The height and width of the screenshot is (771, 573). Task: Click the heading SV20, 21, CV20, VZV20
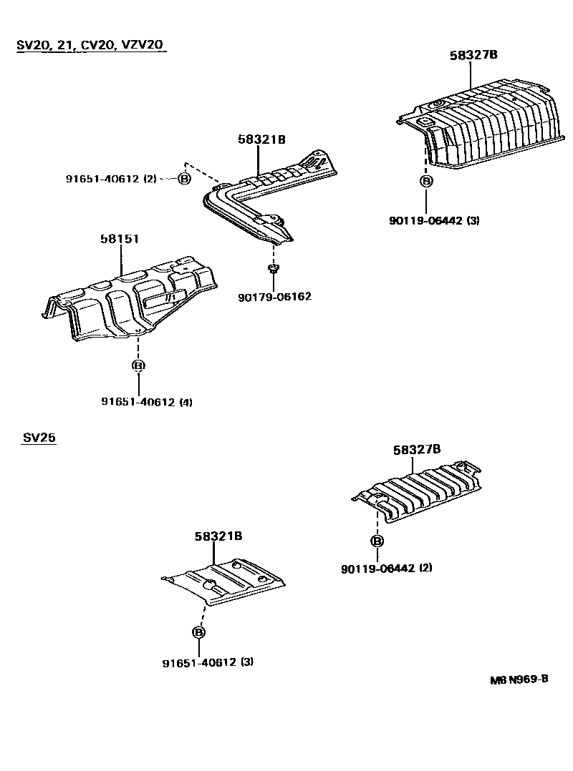pos(90,45)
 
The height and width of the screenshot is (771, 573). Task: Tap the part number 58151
pos(119,239)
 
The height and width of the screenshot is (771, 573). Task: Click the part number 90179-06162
pos(274,296)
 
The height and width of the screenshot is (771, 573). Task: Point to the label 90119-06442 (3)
pos(434,220)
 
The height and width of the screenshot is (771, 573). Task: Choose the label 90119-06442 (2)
pos(387,568)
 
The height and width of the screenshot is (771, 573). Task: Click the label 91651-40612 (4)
pos(146,402)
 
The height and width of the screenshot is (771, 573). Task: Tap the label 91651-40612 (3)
pos(208,662)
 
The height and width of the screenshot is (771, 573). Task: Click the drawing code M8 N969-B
pos(519,679)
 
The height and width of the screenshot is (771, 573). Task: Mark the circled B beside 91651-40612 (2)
pos(184,178)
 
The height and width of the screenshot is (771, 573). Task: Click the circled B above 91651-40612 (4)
pos(138,365)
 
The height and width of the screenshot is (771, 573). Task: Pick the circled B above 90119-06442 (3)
pos(426,181)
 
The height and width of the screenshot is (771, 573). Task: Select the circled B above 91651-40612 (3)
pos(198,632)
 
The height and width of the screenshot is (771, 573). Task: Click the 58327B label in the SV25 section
pos(416,450)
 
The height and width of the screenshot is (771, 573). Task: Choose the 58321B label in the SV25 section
pos(218,536)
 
